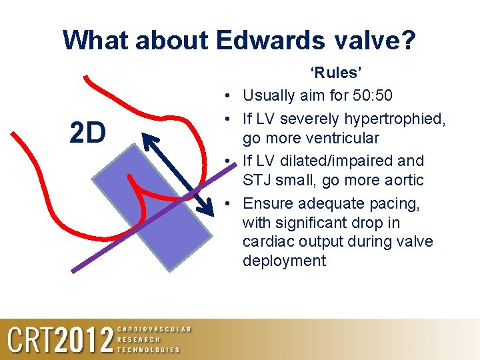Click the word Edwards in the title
269,40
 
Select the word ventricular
340,139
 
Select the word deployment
285,261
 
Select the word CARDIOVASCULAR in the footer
153,329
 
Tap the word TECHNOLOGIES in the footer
148,349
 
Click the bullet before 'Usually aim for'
228,95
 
